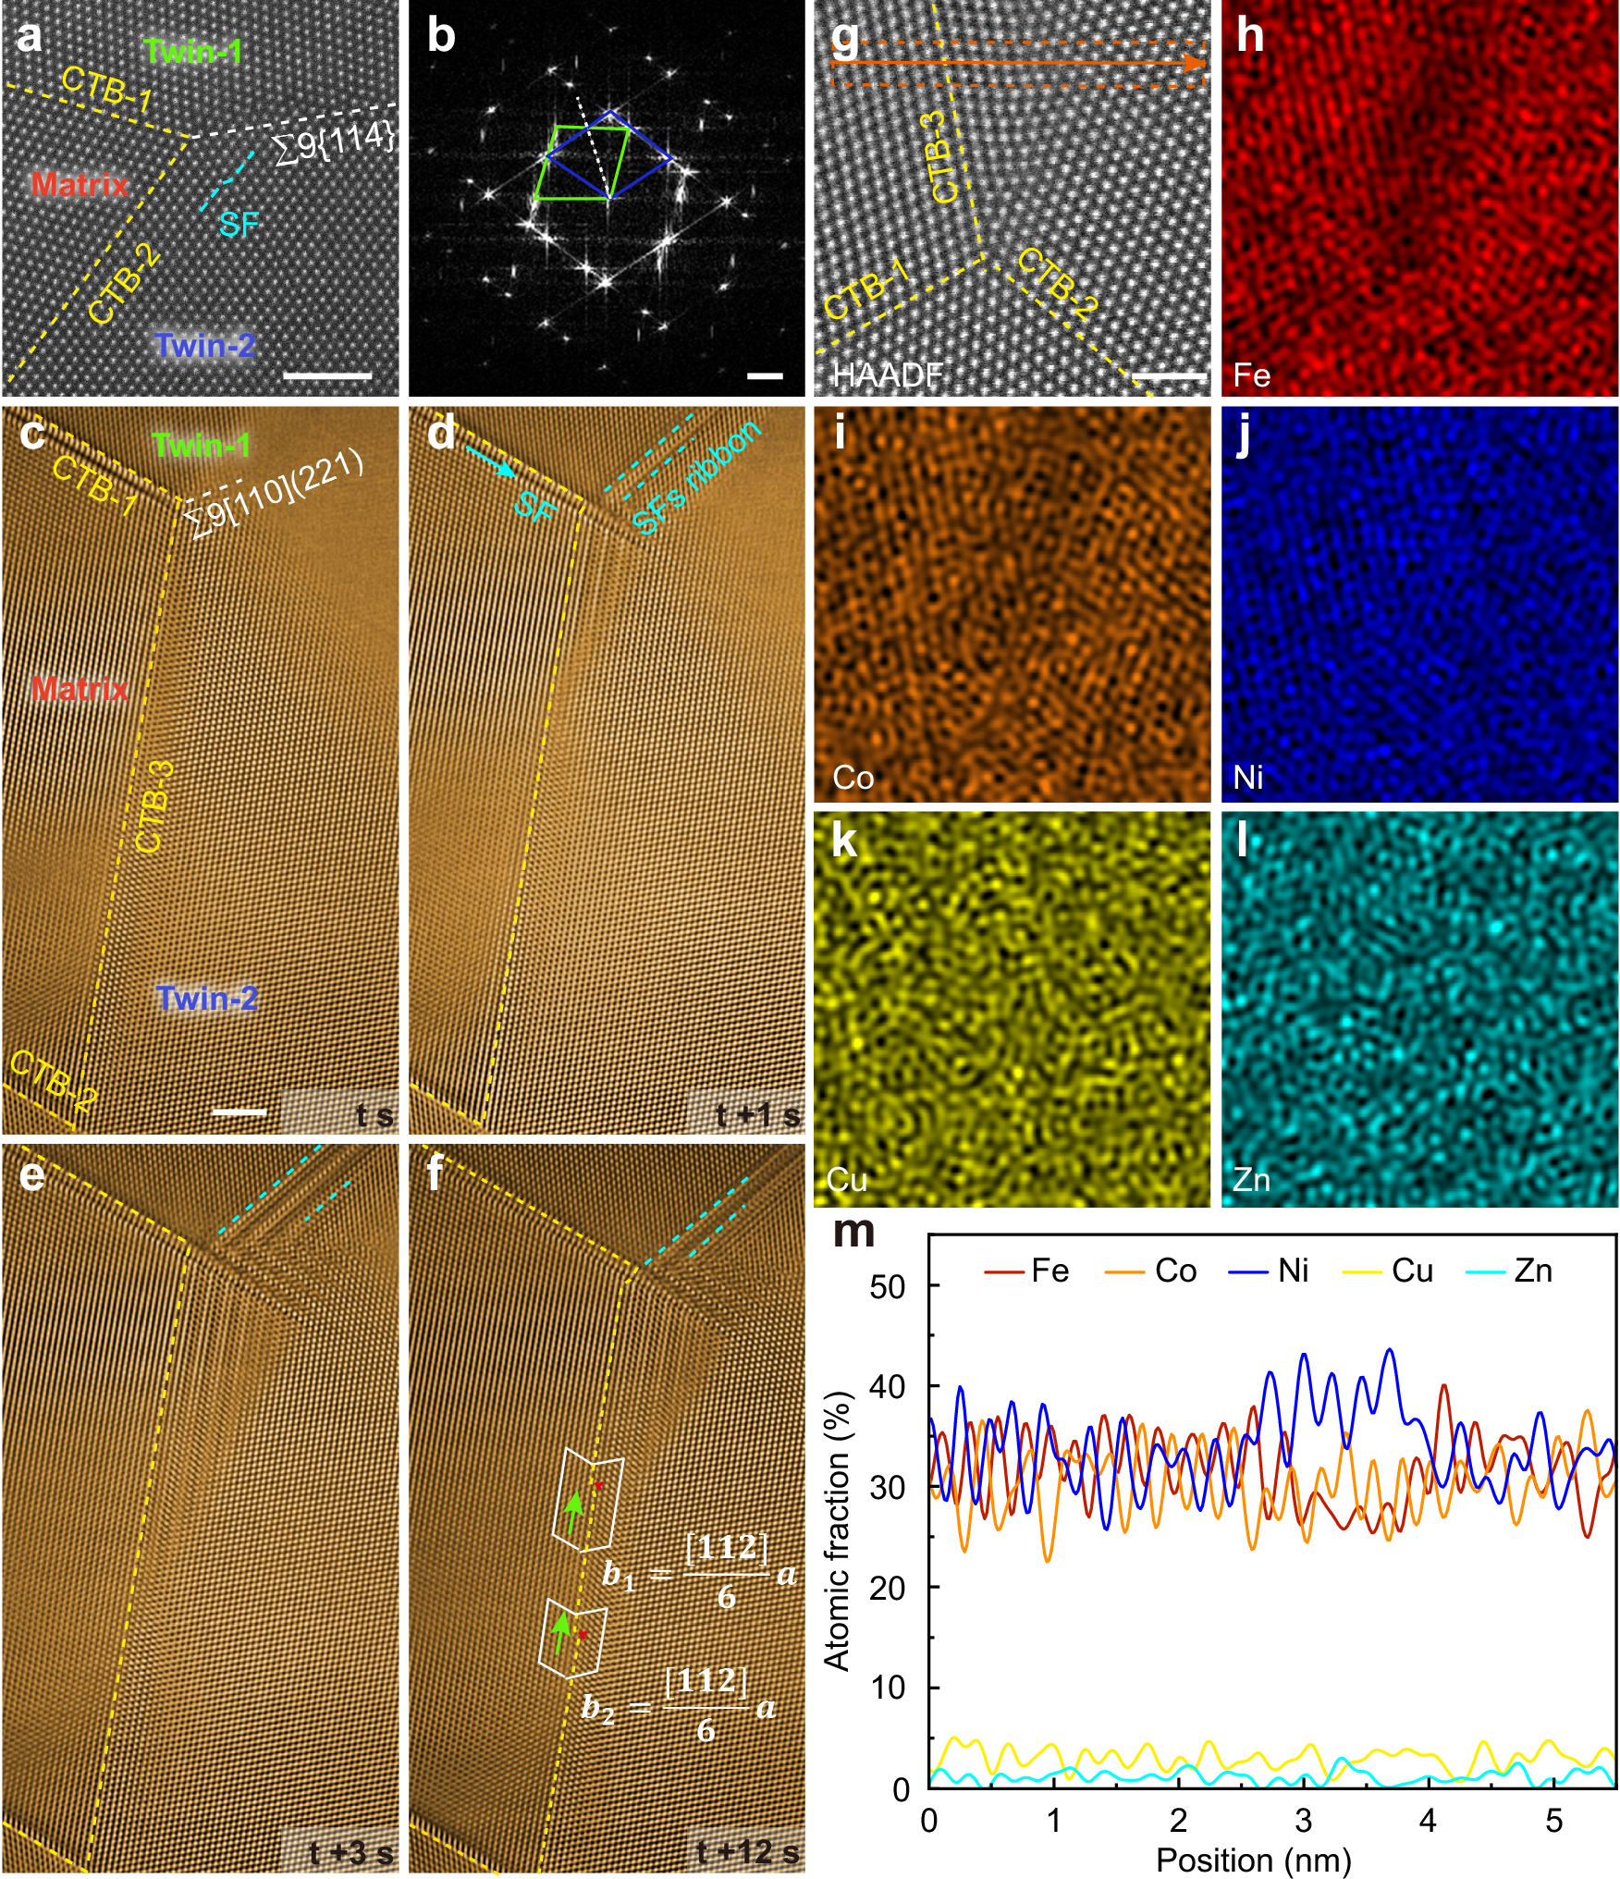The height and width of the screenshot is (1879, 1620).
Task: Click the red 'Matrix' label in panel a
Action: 80,184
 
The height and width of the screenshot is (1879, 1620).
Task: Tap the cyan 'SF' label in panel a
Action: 239,224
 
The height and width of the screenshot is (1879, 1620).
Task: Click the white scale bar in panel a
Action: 327,376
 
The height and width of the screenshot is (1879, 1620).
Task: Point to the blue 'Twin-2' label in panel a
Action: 205,346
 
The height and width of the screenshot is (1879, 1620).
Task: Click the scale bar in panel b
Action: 765,376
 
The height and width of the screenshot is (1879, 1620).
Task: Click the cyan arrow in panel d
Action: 490,461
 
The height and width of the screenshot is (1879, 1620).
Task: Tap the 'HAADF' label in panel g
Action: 888,375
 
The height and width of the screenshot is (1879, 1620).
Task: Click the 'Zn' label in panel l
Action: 1250,1180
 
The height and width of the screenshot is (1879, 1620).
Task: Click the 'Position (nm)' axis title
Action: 1253,1859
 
